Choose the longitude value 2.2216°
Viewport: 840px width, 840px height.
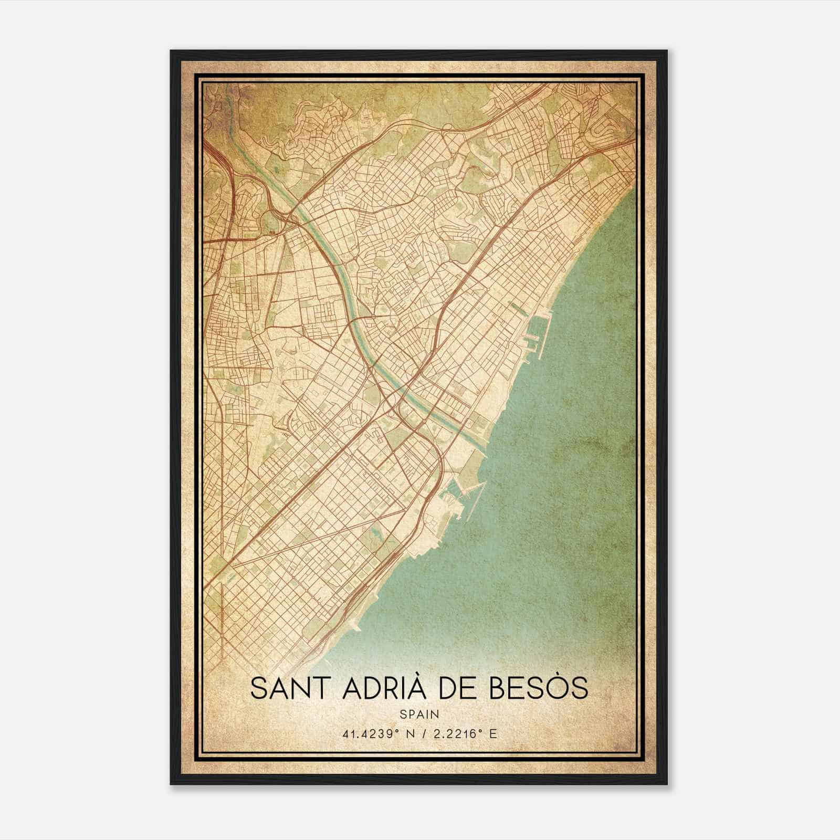tap(455, 733)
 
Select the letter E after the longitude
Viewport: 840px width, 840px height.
tap(491, 733)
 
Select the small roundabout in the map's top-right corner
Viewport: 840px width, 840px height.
tap(599, 98)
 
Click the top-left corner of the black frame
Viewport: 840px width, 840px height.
tap(172, 51)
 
